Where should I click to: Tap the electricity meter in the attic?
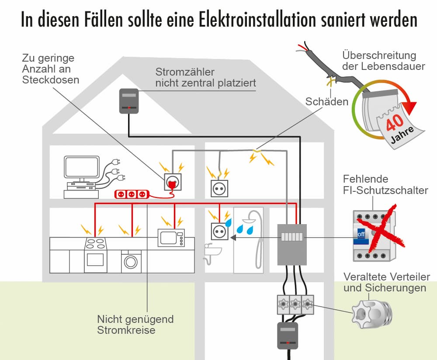tap(129, 101)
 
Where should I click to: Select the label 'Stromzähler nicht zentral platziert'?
tap(205, 77)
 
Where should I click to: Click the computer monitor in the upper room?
tap(82, 168)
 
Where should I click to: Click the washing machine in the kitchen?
tap(131, 261)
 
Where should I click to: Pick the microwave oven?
tap(171, 238)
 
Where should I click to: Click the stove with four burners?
tap(95, 255)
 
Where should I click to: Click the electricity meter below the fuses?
tap(288, 335)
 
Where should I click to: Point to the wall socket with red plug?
tap(173, 182)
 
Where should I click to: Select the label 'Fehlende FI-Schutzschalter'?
tap(385, 184)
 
